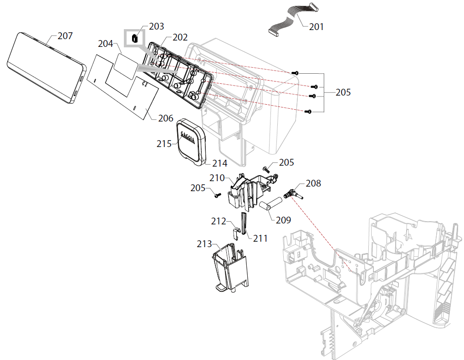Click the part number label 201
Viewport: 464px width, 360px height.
coord(316,27)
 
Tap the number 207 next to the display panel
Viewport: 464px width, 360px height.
coord(65,36)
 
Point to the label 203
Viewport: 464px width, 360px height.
coord(156,26)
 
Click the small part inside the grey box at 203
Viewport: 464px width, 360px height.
coord(135,39)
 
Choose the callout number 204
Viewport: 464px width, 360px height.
coord(105,44)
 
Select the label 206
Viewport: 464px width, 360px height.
coord(166,118)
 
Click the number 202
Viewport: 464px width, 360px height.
coord(180,38)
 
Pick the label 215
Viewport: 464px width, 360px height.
coord(164,144)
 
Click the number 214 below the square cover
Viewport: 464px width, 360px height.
coord(219,163)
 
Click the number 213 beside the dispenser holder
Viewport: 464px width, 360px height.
coord(204,244)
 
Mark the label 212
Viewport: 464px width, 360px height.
coord(219,221)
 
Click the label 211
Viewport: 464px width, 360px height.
coord(260,238)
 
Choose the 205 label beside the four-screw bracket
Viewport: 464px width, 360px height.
coord(343,92)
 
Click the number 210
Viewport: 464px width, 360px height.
coord(217,177)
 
